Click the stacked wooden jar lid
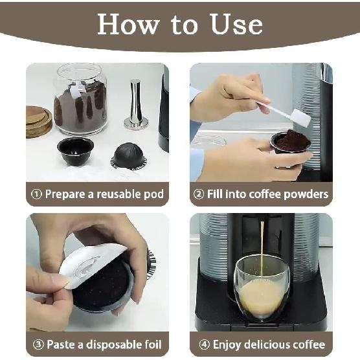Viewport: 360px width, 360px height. tap(39, 121)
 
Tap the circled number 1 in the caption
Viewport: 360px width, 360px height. tap(37, 194)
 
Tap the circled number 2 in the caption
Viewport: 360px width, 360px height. tap(200, 194)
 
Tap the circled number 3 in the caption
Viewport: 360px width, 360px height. tap(37, 344)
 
